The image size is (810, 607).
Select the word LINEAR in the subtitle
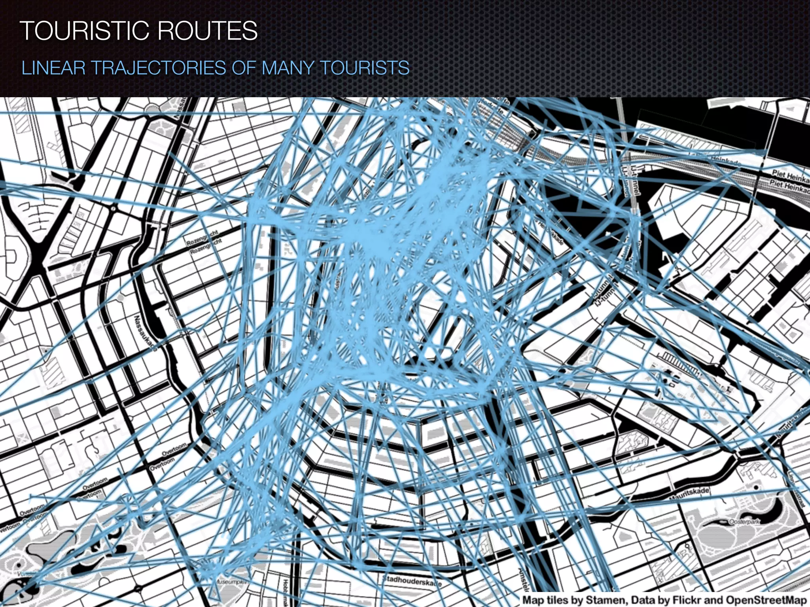coord(53,68)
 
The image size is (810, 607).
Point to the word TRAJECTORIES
coord(159,68)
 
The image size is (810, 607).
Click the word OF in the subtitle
coord(244,68)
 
